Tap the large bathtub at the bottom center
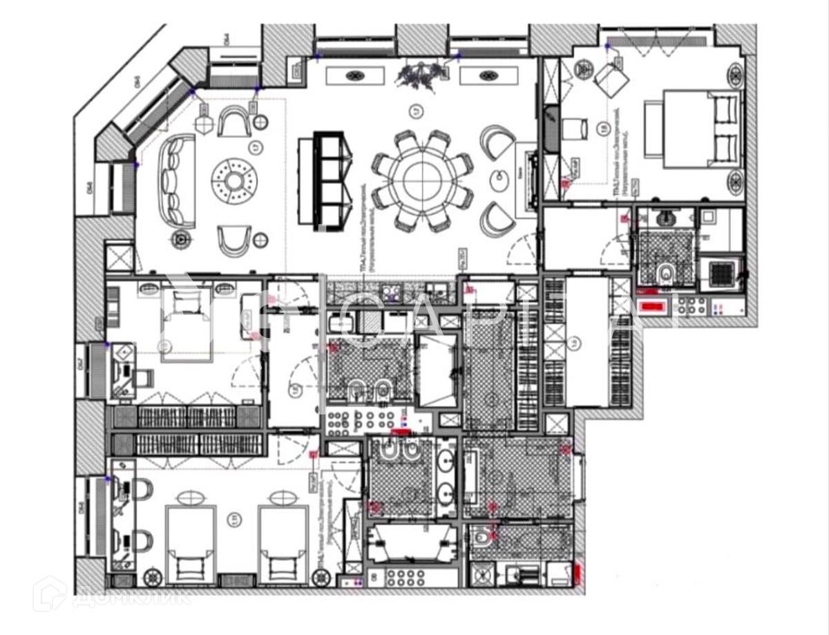click(x=409, y=543)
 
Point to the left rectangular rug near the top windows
click(x=355, y=75)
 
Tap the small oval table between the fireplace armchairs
click(x=499, y=180)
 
